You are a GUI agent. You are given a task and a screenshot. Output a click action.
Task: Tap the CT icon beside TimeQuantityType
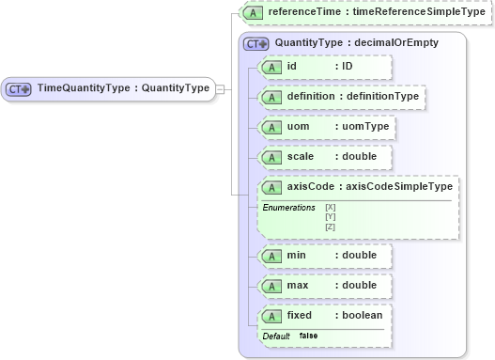coord(19,89)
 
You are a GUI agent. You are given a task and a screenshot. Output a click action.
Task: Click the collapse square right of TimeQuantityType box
coord(220,88)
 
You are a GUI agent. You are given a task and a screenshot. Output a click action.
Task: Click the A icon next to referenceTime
coord(251,13)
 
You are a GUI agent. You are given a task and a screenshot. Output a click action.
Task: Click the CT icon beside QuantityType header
coord(256,43)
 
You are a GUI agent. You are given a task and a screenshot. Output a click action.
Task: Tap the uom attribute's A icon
coord(271,126)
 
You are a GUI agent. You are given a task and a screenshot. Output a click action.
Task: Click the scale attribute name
coord(301,156)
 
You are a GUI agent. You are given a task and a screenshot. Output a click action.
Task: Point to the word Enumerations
coord(288,207)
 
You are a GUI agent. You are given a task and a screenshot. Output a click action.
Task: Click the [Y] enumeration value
coord(330,216)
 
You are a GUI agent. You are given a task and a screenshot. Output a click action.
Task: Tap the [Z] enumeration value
coord(330,227)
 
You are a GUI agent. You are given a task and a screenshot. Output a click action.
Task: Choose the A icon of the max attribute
coord(271,285)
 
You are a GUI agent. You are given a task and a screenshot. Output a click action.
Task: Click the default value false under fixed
coord(308,336)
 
